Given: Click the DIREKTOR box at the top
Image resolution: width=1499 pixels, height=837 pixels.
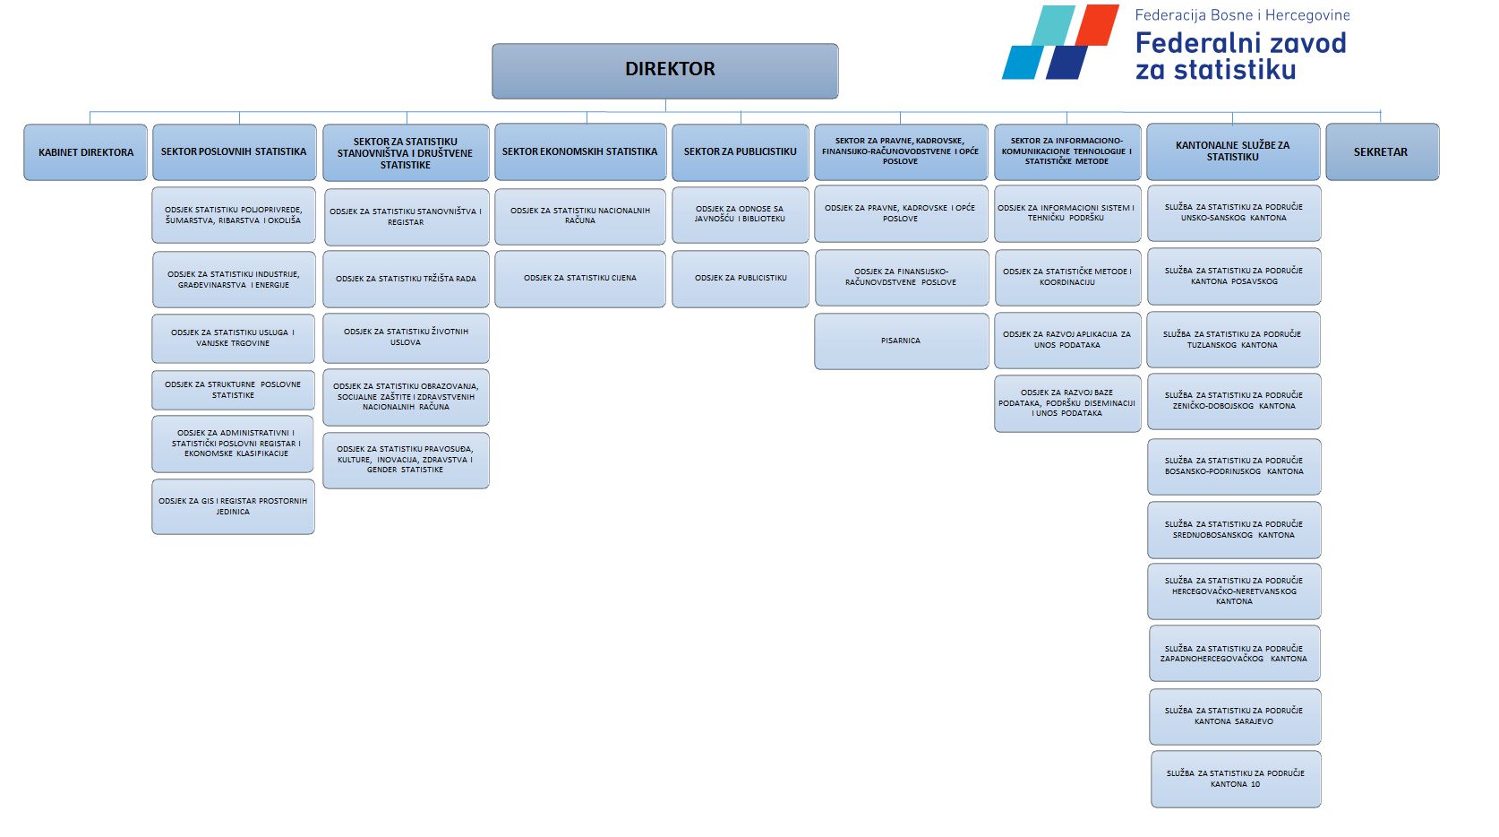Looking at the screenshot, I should coord(664,70).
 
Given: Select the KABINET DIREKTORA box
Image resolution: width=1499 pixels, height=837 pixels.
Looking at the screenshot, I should coord(85,152).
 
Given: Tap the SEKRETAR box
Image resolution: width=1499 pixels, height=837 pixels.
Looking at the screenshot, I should coord(1381,152).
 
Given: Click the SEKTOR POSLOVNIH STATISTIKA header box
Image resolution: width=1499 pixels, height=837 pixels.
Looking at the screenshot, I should coord(234,152).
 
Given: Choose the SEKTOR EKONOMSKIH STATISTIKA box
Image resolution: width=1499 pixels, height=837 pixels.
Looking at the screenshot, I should coord(579,152).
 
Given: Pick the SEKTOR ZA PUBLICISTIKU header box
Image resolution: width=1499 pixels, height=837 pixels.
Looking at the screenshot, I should coord(740,152).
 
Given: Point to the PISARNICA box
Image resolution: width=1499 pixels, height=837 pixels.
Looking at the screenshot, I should coord(901,341).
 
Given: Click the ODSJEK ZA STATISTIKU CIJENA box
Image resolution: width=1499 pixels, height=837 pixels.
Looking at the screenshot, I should coord(580,279).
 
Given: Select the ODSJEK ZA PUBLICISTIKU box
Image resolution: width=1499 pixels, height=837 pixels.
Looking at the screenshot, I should coord(741,279).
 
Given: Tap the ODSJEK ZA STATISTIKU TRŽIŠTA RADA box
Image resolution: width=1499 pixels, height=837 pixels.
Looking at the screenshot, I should coord(406,280).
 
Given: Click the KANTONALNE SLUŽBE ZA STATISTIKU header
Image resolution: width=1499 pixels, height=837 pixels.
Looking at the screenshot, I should coord(1233,151).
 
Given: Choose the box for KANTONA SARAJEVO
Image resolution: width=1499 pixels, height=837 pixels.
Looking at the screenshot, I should coord(1234,716).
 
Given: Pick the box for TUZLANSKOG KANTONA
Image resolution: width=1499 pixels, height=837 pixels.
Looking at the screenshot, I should coord(1233,340).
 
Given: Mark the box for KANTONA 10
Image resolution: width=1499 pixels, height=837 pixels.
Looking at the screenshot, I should coord(1235,779).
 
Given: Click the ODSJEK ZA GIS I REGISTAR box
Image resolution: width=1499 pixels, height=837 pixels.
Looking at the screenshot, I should coord(233,506).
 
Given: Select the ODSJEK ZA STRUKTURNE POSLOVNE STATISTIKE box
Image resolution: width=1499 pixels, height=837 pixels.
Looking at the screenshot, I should coord(233,390).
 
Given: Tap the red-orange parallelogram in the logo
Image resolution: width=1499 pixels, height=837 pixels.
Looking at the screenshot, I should coord(1095,25).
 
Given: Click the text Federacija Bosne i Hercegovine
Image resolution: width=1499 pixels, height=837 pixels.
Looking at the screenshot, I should coord(1242,15).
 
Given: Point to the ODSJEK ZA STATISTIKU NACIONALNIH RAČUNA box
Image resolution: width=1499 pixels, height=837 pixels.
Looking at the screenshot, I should coord(580,216).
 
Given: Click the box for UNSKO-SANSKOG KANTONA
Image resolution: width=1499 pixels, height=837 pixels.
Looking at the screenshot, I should coord(1233,212).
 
